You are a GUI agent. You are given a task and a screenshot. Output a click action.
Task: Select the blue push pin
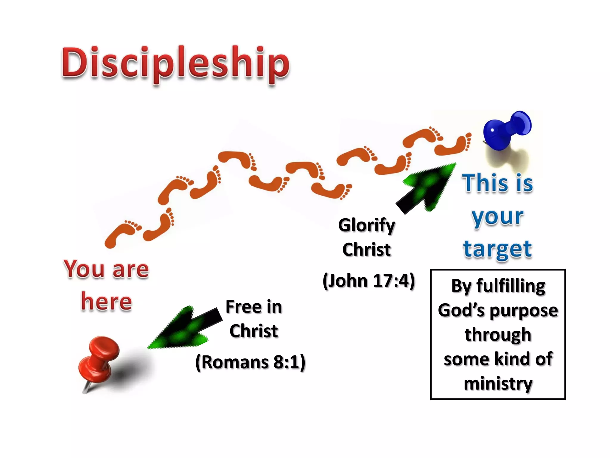click(x=506, y=130)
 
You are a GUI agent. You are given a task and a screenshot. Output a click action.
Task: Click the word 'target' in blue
click(x=498, y=249)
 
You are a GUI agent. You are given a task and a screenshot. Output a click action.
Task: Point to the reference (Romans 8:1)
click(x=250, y=362)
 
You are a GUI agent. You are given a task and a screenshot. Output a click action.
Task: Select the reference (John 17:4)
click(x=369, y=281)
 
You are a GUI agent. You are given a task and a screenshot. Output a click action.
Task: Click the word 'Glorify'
click(x=366, y=225)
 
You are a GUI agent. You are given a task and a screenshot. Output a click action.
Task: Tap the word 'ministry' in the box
click(x=498, y=383)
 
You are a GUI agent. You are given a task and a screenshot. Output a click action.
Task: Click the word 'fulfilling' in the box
click(x=511, y=286)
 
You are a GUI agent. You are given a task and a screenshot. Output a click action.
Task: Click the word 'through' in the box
click(x=498, y=335)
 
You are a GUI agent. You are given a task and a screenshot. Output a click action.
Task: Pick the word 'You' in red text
click(x=84, y=269)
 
